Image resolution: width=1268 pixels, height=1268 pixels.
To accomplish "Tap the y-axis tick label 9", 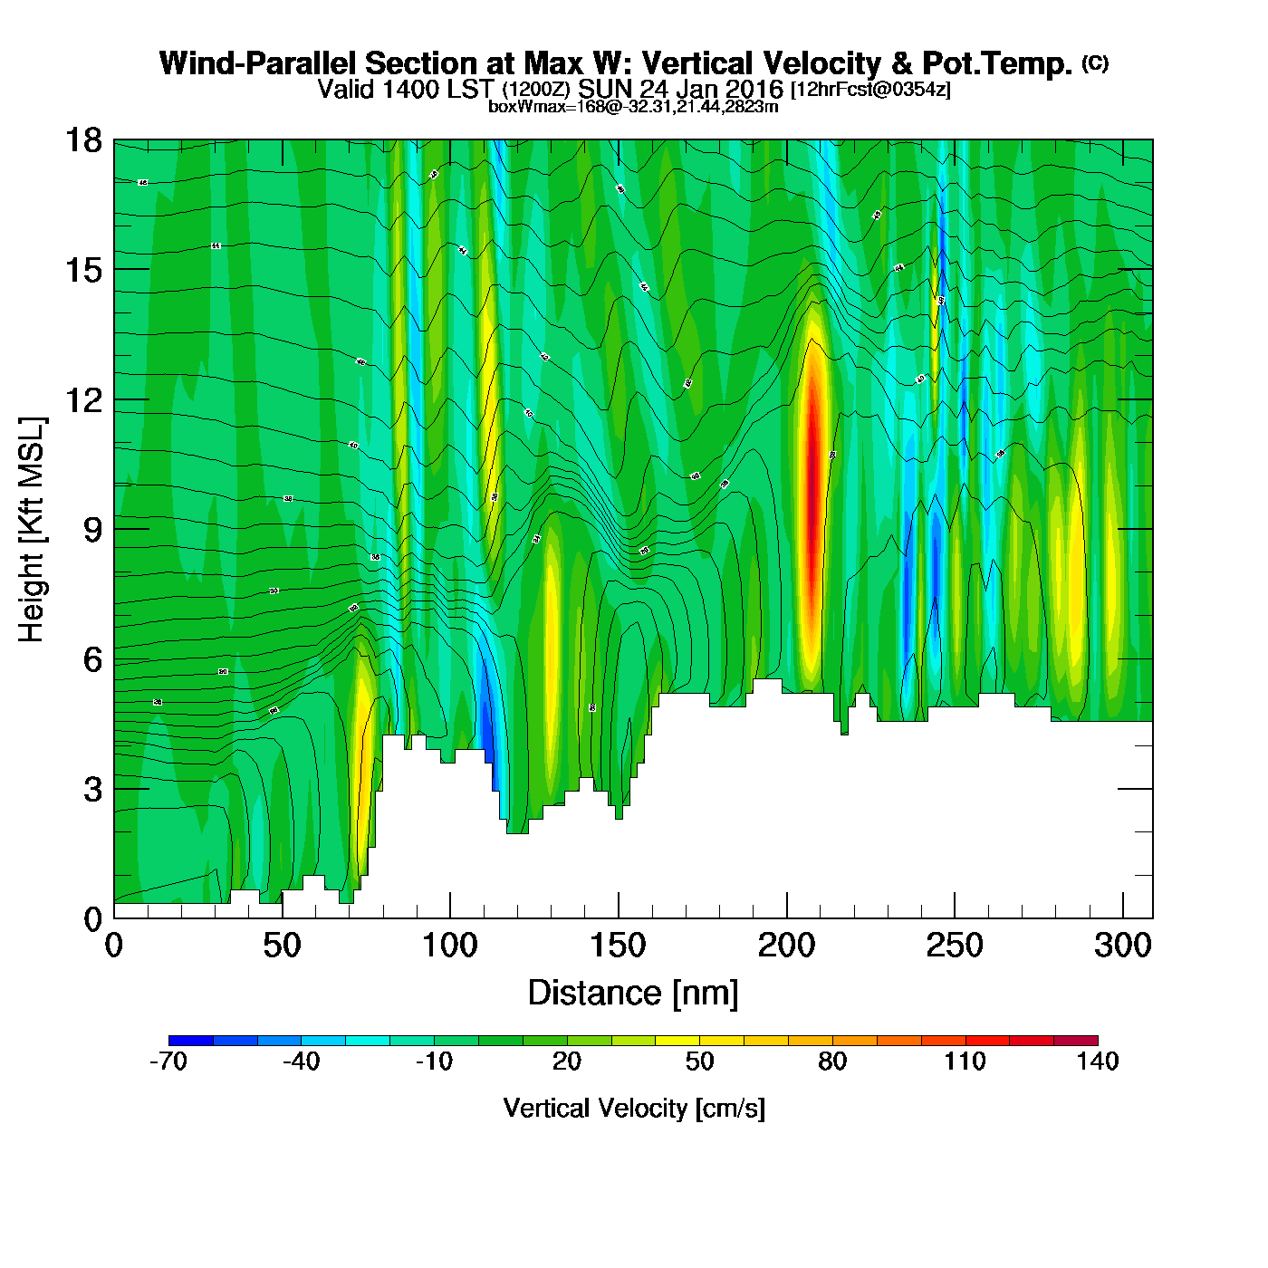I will tap(91, 530).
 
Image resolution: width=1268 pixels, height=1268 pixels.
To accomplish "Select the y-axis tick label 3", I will tap(91, 790).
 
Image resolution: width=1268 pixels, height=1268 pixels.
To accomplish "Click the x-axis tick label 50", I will tap(282, 946).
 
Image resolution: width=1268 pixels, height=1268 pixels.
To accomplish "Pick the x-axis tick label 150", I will tap(618, 946).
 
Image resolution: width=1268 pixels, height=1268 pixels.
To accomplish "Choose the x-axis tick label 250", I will tap(954, 946).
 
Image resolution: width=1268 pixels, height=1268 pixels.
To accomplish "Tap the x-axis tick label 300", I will tap(1122, 946).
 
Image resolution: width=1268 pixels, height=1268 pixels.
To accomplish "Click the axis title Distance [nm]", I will tap(633, 994).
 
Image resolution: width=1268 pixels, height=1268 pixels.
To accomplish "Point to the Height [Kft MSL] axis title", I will tap(32, 530).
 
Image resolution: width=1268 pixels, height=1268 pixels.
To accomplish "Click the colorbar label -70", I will tap(168, 1061).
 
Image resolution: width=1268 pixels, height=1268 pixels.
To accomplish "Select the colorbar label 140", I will tap(1098, 1061).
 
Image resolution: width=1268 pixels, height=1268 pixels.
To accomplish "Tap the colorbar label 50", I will tap(699, 1061).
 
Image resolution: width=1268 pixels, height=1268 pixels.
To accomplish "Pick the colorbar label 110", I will tap(965, 1061).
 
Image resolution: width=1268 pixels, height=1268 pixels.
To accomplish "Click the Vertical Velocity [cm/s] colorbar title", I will tap(634, 1108).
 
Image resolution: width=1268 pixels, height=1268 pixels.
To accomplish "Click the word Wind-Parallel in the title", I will tap(259, 63).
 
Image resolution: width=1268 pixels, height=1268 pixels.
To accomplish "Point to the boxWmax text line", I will tap(633, 106).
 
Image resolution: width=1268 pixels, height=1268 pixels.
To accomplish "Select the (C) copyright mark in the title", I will tap(1095, 62).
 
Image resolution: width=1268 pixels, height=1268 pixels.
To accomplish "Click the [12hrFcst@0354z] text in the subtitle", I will tap(870, 90).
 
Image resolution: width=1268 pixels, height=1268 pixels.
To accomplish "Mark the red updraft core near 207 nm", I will tap(812, 489).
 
